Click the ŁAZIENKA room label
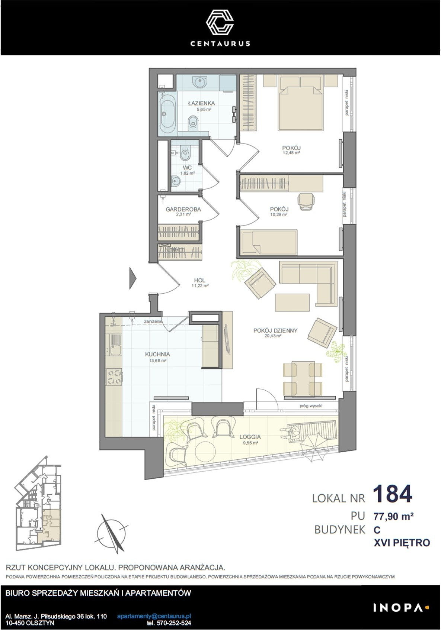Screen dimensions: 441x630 (x=202, y=103)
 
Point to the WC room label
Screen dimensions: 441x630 (x=187, y=168)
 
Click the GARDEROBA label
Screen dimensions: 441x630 (x=183, y=209)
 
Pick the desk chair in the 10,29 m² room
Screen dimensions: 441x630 (x=306, y=201)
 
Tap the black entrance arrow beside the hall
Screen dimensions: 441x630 (x=133, y=278)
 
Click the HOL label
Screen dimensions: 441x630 (x=200, y=280)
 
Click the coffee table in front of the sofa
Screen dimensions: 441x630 (x=292, y=302)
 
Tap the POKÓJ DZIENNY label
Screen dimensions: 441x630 (x=275, y=331)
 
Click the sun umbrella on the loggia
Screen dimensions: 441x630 (x=314, y=447)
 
